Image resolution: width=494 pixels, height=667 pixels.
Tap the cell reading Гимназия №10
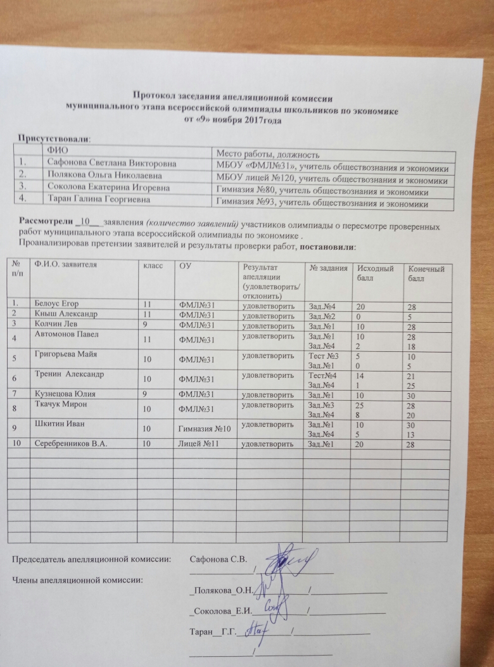[x=203, y=430]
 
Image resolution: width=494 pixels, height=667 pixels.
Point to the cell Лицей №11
[x=199, y=445]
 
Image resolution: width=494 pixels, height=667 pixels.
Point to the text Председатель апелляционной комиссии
[x=92, y=559]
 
